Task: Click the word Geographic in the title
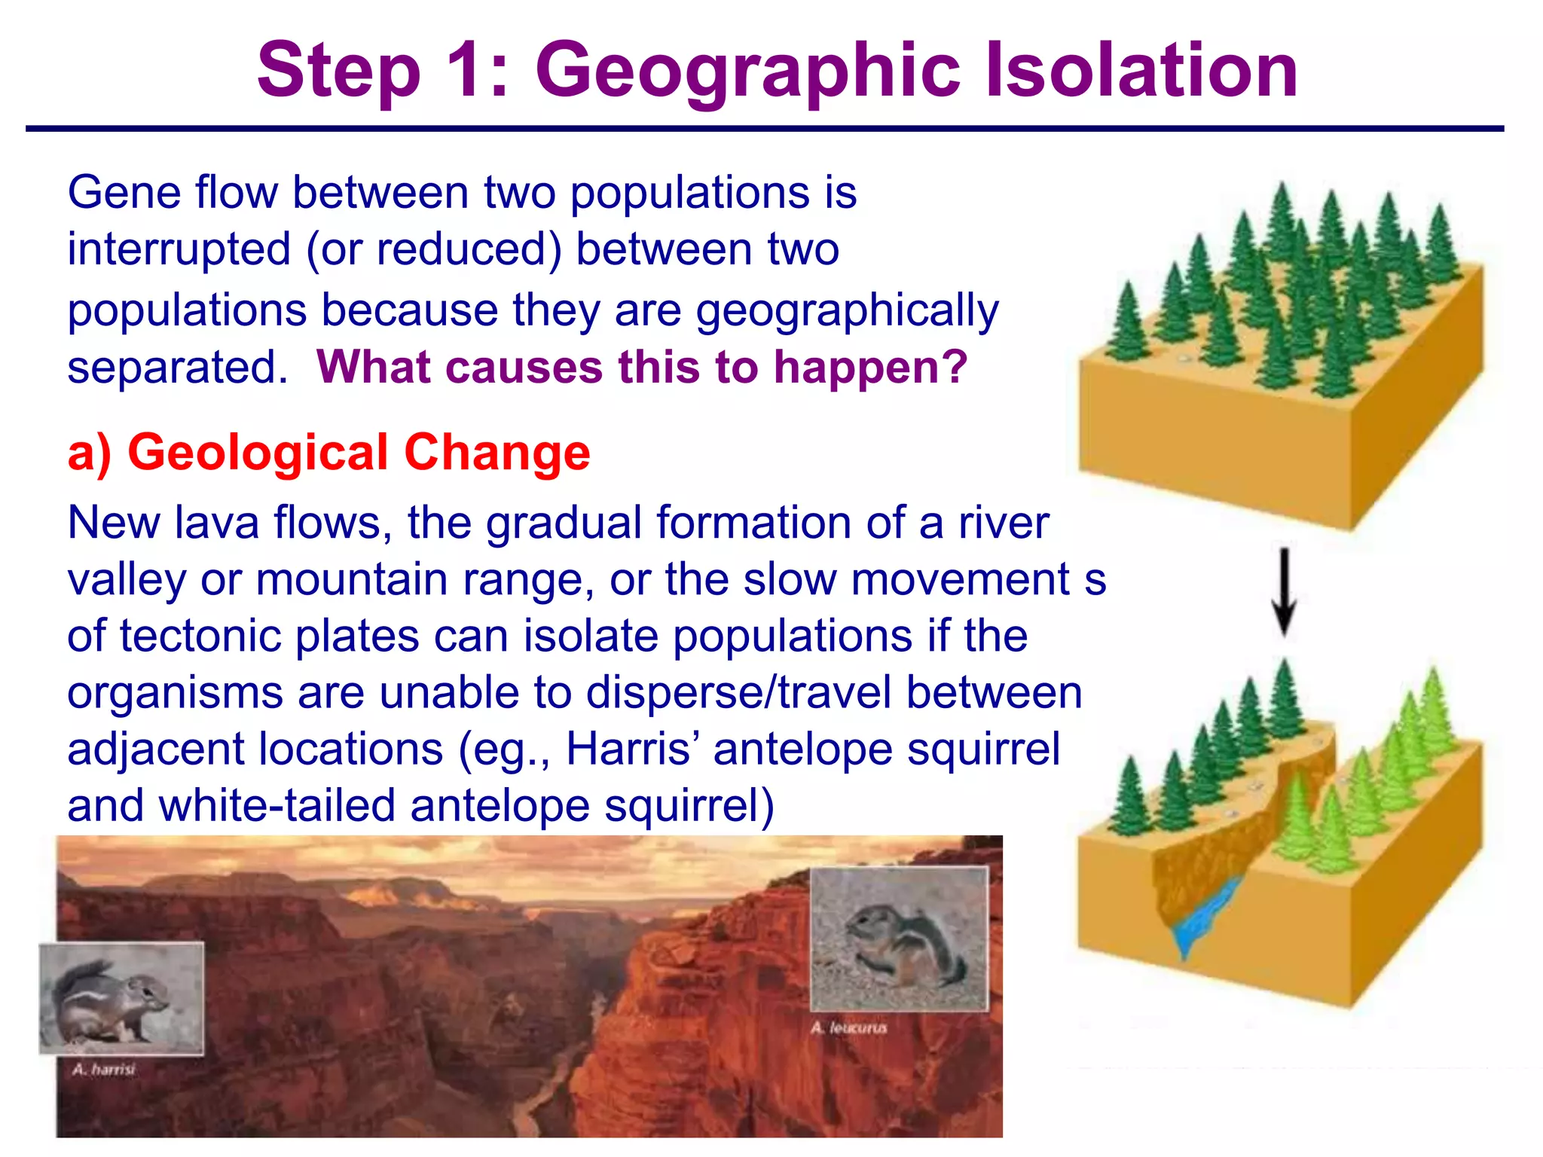click(x=746, y=72)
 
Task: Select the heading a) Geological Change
click(x=328, y=453)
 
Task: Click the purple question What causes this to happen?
click(x=641, y=367)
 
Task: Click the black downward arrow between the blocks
click(x=1284, y=592)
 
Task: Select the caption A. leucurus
click(x=849, y=1028)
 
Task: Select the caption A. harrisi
click(x=104, y=1070)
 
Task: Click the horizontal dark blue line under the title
click(x=764, y=129)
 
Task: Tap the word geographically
click(x=847, y=310)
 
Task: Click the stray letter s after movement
click(x=1095, y=580)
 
